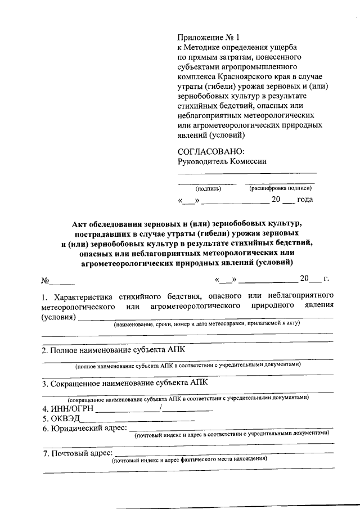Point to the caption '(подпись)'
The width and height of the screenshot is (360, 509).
[x=200, y=189]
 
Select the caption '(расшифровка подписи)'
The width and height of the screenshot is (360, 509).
[x=280, y=189]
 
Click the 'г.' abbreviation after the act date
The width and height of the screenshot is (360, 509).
[x=326, y=279]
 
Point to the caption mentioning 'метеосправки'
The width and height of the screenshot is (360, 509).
[x=206, y=325]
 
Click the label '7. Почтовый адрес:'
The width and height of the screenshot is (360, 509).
[x=77, y=453]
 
